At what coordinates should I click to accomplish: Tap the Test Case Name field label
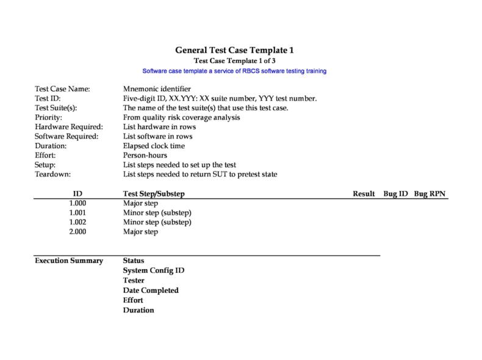[x=62, y=89]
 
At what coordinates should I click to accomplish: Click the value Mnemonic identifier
[x=157, y=89]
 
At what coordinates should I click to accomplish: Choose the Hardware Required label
[x=68, y=127]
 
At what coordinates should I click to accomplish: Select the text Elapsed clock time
[x=154, y=146]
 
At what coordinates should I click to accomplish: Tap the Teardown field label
[x=53, y=175]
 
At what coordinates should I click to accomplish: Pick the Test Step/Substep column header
[x=154, y=194]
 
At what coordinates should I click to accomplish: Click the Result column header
[x=364, y=194]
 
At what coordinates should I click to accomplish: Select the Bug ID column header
[x=395, y=194]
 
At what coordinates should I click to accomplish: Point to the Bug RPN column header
[x=430, y=194]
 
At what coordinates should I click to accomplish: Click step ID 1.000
[x=77, y=203]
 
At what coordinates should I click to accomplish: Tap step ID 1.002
[x=77, y=222]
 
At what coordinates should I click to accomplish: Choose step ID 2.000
[x=77, y=232]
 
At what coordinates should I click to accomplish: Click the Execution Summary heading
[x=68, y=261]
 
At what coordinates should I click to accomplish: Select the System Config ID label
[x=154, y=270]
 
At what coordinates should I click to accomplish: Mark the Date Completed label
[x=151, y=290]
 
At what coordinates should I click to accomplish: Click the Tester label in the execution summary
[x=134, y=280]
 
